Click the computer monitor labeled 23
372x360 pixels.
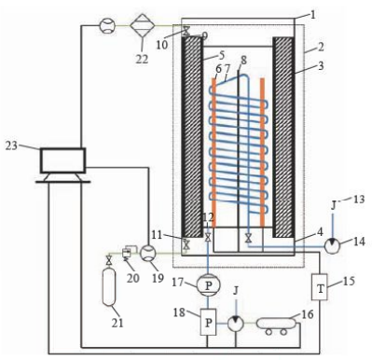(x=62, y=165)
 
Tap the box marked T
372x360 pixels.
(x=320, y=286)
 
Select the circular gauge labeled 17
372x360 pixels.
(x=209, y=285)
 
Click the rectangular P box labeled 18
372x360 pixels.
(x=208, y=322)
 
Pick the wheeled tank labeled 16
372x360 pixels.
(x=275, y=326)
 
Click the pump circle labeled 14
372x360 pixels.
(x=333, y=246)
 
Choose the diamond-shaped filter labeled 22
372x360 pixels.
(x=142, y=25)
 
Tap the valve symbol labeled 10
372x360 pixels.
(x=186, y=31)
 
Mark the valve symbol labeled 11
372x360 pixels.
(x=186, y=244)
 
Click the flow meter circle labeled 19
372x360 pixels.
(x=148, y=253)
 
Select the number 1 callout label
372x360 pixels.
(x=312, y=15)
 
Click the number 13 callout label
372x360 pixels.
(x=358, y=199)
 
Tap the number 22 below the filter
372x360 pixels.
(x=142, y=58)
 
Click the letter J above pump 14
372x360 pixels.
(x=333, y=205)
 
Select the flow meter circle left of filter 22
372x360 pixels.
(x=107, y=25)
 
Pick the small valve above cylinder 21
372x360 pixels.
(x=109, y=260)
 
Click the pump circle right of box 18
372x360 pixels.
(x=236, y=324)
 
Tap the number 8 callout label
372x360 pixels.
(x=243, y=61)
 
